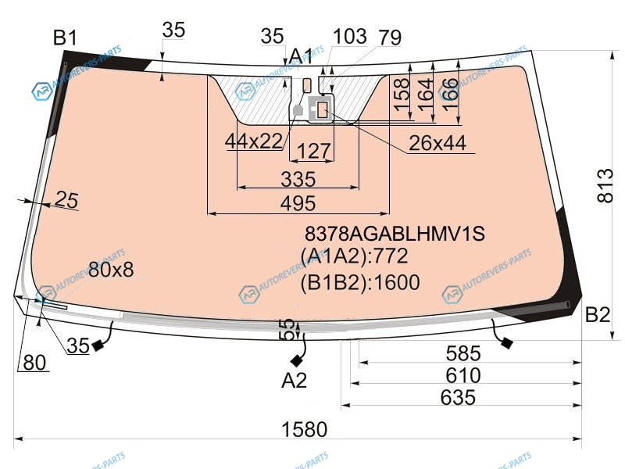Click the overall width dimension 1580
304,429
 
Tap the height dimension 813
605,186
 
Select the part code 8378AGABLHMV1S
395,233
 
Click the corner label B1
65,38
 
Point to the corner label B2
598,315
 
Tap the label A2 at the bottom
295,381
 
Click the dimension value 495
298,203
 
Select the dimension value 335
298,179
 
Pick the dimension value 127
314,151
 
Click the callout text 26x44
437,143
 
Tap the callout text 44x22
254,141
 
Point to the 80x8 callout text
111,270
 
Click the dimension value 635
458,398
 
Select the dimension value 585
463,353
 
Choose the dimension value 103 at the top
349,36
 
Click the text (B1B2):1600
360,282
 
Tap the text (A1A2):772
355,256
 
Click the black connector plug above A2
297,361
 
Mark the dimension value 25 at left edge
66,199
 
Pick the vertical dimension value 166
450,95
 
